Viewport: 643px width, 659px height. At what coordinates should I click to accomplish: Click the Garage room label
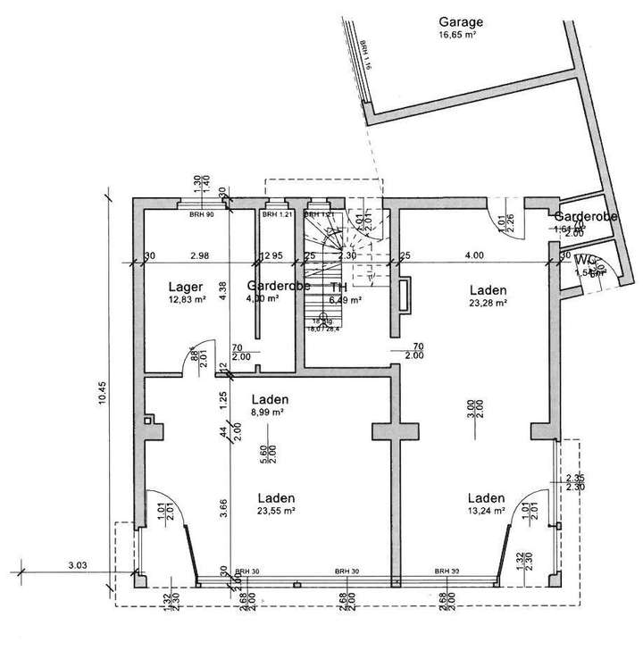[x=460, y=21]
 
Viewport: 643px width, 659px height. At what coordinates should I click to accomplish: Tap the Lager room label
[x=182, y=288]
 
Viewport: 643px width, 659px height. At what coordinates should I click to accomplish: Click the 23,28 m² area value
[x=487, y=304]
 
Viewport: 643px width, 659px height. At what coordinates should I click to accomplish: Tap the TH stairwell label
[x=338, y=288]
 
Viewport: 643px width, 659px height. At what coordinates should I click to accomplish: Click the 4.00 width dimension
[x=473, y=255]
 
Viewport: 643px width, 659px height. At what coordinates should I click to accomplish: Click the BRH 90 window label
[x=201, y=215]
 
